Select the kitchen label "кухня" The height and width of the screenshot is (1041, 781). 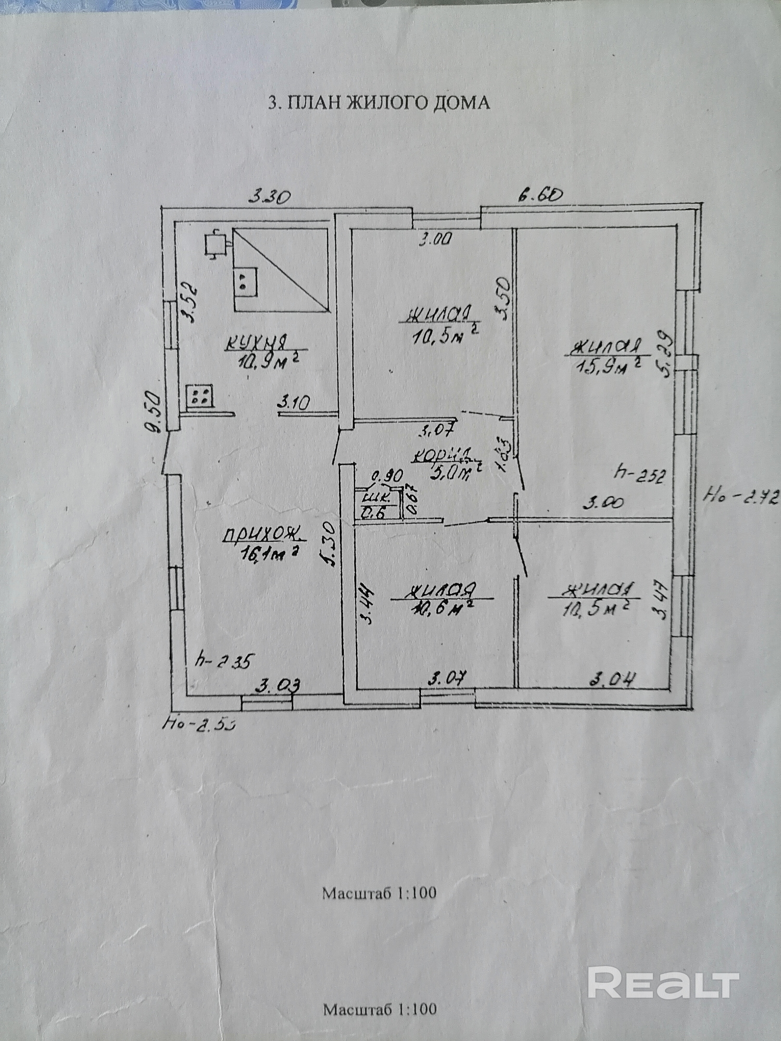(257, 342)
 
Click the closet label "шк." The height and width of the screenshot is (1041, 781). (373, 497)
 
